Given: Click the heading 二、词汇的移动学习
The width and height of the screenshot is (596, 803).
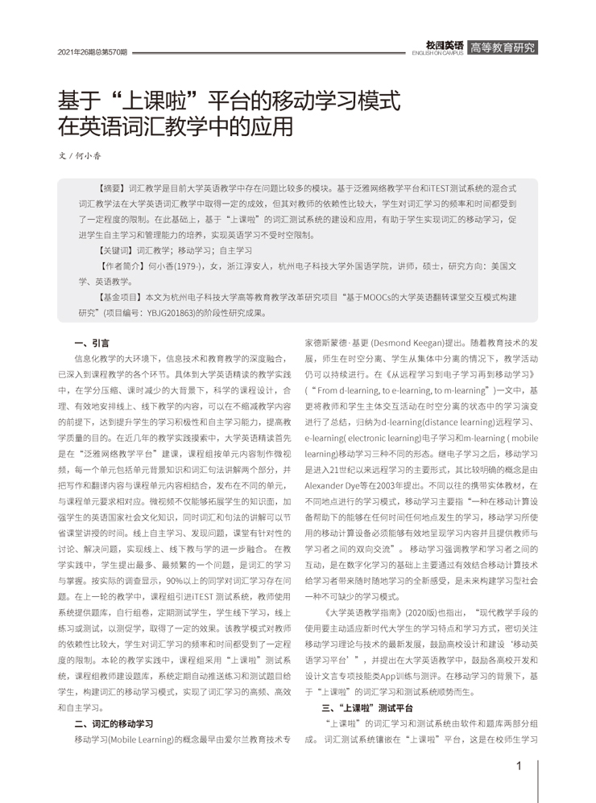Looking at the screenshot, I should point(114,723).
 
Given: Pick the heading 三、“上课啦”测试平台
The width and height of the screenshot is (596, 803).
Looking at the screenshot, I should point(367,708).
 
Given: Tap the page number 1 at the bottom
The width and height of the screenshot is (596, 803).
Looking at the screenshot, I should point(519,765).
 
